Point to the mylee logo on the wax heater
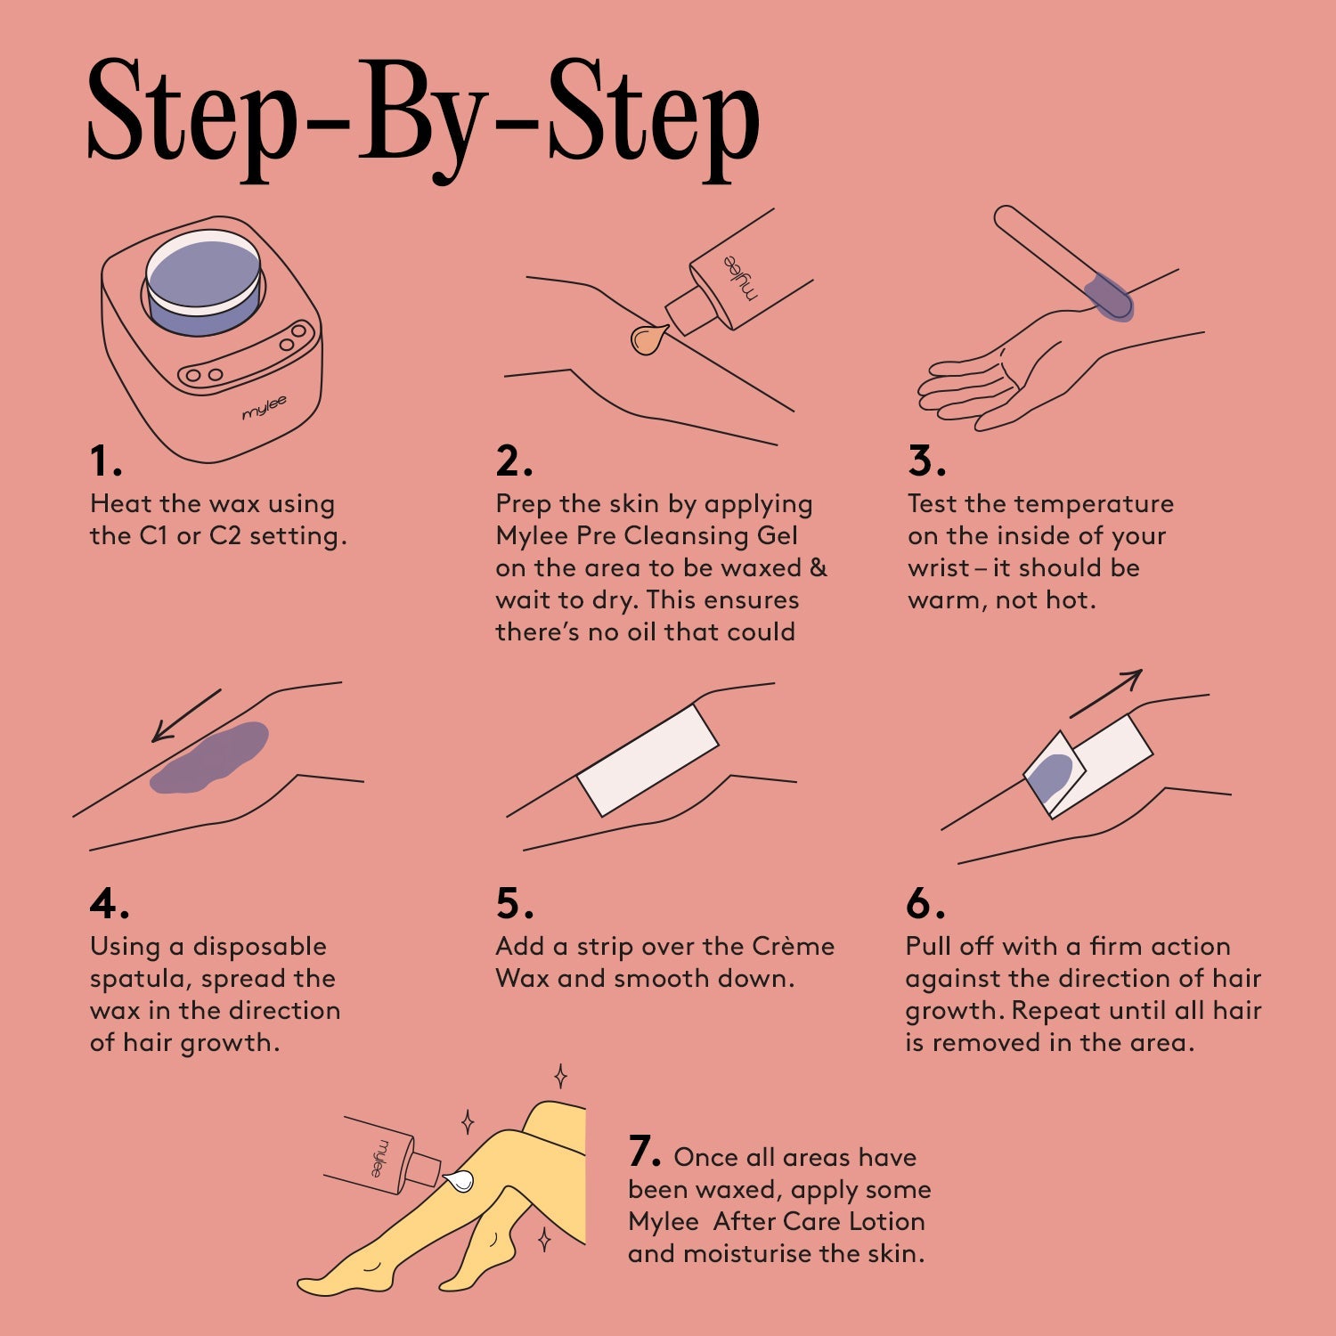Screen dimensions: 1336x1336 (265, 407)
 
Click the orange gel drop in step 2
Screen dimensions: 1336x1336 (648, 338)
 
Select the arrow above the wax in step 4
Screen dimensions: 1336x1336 (186, 714)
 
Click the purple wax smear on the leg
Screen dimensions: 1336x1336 (210, 758)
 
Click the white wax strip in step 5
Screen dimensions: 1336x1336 (648, 760)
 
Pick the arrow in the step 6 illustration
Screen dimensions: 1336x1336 (1105, 694)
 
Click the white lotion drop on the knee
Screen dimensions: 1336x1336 (458, 1181)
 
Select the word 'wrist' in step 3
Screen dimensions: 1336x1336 (938, 567)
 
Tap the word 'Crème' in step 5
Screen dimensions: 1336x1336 (793, 946)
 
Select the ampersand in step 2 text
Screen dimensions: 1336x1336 (819, 567)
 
